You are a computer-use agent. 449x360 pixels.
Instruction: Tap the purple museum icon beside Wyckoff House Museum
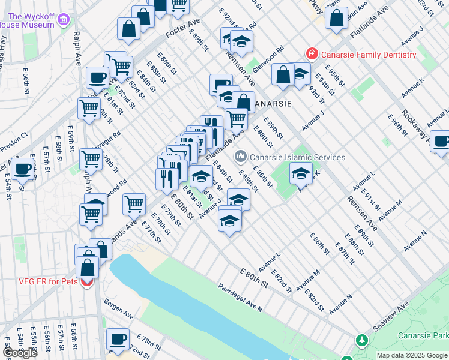pos(64,22)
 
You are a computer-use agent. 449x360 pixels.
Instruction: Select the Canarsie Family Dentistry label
pos(368,55)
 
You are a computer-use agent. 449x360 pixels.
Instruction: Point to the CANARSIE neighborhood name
pos(272,104)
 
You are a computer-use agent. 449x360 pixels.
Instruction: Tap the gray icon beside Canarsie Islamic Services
pos(241,157)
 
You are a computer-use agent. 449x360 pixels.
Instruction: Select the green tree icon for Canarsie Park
pos(362,340)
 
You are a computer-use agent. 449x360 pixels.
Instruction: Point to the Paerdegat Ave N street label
pos(240,298)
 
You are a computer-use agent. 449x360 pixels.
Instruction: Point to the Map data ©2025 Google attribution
pos(412,356)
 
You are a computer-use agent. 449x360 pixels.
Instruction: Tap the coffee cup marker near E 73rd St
pos(118,340)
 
